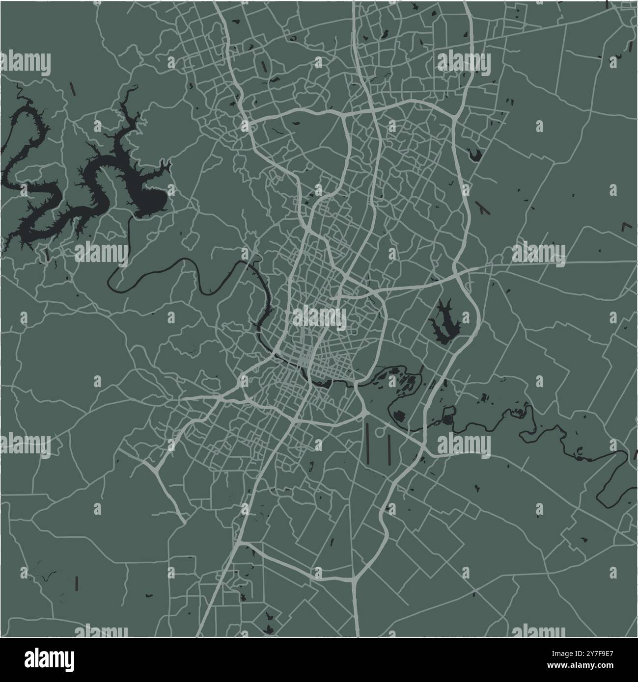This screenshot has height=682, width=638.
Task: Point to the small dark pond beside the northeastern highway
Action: click(474, 156)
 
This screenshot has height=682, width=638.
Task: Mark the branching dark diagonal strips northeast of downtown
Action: click(483, 209)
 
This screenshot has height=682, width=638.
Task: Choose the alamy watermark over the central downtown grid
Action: click(319, 316)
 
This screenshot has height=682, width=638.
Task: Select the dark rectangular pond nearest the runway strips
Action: click(398, 418)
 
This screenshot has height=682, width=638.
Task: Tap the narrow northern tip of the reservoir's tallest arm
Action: click(133, 90)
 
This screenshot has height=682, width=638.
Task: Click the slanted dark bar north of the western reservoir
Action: click(73, 89)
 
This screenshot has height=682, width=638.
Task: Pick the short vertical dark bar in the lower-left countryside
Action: click(77, 582)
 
